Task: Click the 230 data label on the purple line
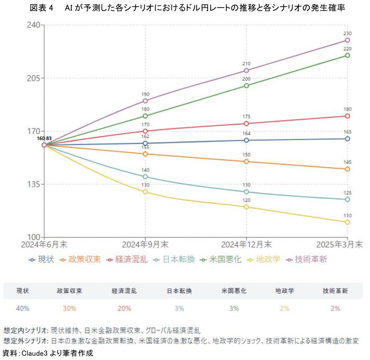pyautogui.click(x=347, y=33)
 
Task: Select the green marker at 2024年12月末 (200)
pyautogui.click(x=246, y=85)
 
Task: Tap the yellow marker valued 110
pyautogui.click(x=347, y=222)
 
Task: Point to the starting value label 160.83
pyautogui.click(x=44, y=139)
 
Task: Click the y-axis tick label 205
pyautogui.click(x=33, y=78)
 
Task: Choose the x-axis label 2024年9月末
pyautogui.click(x=145, y=245)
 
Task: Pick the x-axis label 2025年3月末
pyautogui.click(x=339, y=245)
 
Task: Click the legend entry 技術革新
pyautogui.click(x=310, y=260)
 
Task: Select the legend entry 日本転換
pyautogui.click(x=179, y=260)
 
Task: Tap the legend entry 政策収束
pyautogui.click(x=84, y=260)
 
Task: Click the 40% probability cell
pyautogui.click(x=22, y=308)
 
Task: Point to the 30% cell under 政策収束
pyautogui.click(x=69, y=308)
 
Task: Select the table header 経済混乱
pyautogui.click(x=124, y=291)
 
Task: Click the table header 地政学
pyautogui.click(x=284, y=291)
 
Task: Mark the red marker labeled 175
pyautogui.click(x=246, y=123)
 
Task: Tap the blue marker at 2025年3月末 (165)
pyautogui.click(x=347, y=139)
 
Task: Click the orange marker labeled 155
pyautogui.click(x=145, y=154)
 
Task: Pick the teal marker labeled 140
pyautogui.click(x=145, y=177)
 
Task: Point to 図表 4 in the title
pyautogui.click(x=42, y=8)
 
